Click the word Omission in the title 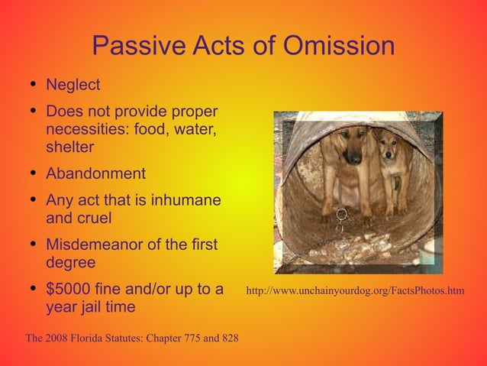338,47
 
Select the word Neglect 73,83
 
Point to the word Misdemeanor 97,245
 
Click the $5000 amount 71,290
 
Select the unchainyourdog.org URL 355,291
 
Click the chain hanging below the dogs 341,217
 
